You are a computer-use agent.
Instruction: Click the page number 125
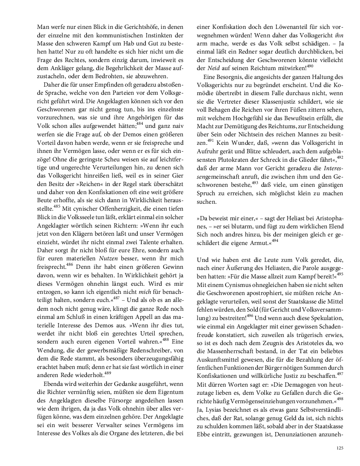[x=339, y=448]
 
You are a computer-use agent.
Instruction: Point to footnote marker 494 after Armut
[x=275, y=241]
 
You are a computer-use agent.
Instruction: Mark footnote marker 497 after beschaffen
[x=340, y=373]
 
